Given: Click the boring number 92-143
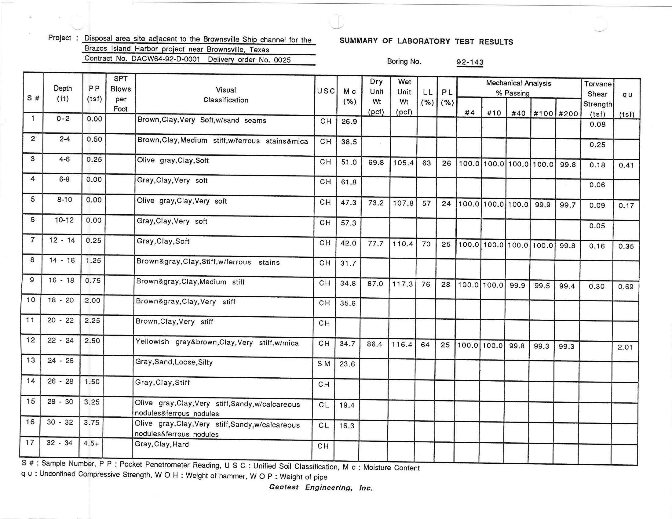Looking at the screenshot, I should (x=469, y=62).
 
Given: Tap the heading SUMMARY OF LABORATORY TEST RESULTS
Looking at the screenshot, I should (x=426, y=41).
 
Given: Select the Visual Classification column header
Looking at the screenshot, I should (x=225, y=95).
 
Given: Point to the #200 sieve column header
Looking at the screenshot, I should (x=568, y=114).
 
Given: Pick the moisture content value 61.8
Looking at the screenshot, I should (x=349, y=182).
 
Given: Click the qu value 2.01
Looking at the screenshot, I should (x=625, y=347).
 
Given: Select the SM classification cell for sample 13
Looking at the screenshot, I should (x=324, y=364).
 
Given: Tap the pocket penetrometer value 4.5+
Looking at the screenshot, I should (x=91, y=443).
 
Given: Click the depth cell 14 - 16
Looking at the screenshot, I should (x=62, y=260).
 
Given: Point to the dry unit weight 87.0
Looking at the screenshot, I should (x=375, y=284).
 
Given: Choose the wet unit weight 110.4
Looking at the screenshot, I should (x=403, y=244).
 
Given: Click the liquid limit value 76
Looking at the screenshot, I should (x=426, y=285).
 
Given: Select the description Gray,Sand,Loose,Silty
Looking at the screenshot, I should (x=174, y=362).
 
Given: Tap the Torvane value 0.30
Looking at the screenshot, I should (x=596, y=286).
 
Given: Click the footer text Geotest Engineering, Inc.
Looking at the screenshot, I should (x=321, y=487).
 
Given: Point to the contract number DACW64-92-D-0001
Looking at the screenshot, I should (x=166, y=59).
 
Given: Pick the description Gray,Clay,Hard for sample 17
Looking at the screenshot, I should (x=162, y=444).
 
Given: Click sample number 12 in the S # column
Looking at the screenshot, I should (x=31, y=340).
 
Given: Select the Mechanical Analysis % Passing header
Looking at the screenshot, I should (x=518, y=88).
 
